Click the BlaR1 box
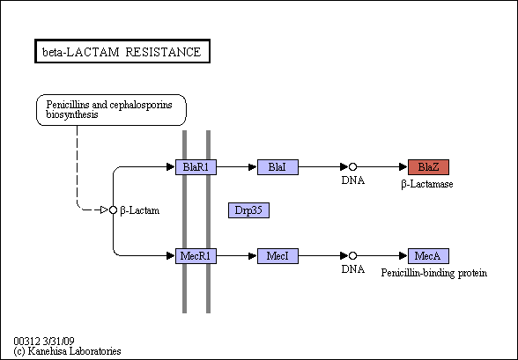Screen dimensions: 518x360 tap(196, 167)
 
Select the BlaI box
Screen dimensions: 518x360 tap(277, 167)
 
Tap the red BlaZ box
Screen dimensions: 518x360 tap(428, 167)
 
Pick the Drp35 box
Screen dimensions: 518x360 tap(248, 210)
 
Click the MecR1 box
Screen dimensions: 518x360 tap(196, 256)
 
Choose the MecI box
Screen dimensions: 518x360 tap(277, 256)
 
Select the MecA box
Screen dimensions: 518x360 tap(428, 256)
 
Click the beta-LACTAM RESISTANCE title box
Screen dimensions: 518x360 tap(122, 51)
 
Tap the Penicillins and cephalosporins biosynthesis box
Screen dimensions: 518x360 tap(111, 110)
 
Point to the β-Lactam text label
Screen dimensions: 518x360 tap(140, 210)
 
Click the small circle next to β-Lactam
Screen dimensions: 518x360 tap(113, 209)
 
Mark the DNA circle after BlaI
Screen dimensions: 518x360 tap(352, 167)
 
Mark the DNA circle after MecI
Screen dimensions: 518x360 tap(352, 256)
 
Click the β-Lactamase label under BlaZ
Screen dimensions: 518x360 tap(427, 184)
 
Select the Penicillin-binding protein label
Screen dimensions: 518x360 tap(434, 273)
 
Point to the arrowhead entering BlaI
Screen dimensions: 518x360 tap(253, 167)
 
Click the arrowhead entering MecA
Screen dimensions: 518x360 tap(403, 256)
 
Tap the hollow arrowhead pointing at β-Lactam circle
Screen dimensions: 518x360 tap(104, 209)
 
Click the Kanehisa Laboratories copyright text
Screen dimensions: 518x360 tap(67, 351)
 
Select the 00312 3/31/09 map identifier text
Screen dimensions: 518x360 tap(44, 341)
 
